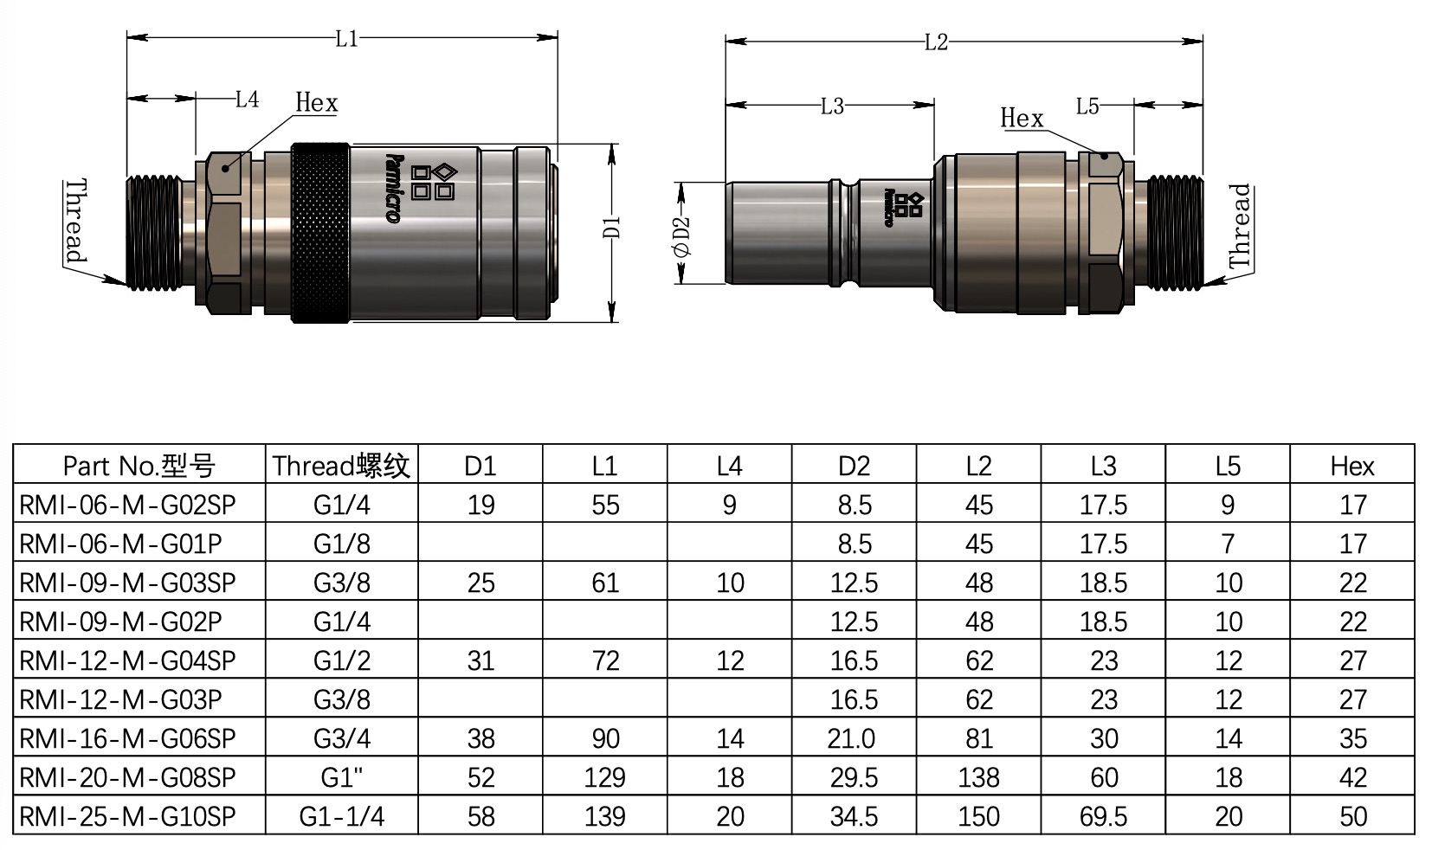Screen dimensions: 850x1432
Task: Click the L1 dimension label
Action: pyautogui.click(x=346, y=39)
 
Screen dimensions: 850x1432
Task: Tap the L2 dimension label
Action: pyautogui.click(x=936, y=42)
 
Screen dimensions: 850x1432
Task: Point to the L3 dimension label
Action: pyautogui.click(x=831, y=106)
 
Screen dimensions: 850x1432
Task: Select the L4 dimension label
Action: pyautogui.click(x=247, y=100)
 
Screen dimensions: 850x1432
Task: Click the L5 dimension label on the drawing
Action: pyautogui.click(x=1087, y=106)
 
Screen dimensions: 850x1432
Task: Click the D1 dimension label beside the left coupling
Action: pyautogui.click(x=612, y=228)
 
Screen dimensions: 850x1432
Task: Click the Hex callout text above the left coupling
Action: pyautogui.click(x=316, y=103)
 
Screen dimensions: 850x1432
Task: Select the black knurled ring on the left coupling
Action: pyautogui.click(x=320, y=234)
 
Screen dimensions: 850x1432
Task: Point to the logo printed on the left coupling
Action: pyautogui.click(x=420, y=184)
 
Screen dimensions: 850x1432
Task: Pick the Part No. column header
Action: pyautogui.click(x=139, y=467)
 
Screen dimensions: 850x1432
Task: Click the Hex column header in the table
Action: pyautogui.click(x=1351, y=467)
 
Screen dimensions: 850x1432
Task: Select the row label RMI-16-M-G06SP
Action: pyautogui.click(x=127, y=738)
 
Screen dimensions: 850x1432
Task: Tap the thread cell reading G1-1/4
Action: pyautogui.click(x=341, y=816)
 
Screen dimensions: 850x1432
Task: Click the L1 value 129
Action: pyautogui.click(x=604, y=777)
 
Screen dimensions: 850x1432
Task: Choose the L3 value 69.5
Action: pyautogui.click(x=1103, y=816)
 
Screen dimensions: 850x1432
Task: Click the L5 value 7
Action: pyautogui.click(x=1227, y=544)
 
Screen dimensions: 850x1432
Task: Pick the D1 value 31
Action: pyautogui.click(x=481, y=660)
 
